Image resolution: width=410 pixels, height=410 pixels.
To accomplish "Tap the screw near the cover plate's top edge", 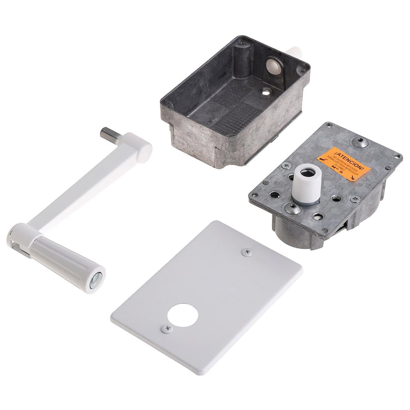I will coord(246,251).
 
